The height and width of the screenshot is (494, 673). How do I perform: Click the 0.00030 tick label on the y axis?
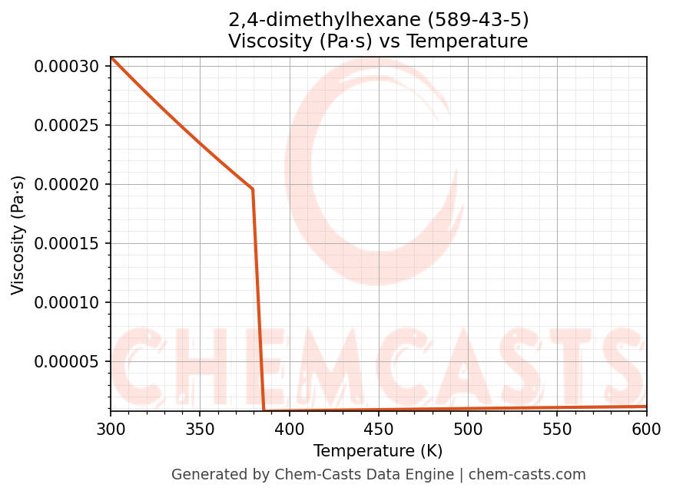(x=68, y=67)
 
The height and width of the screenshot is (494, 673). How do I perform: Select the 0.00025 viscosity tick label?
(x=68, y=126)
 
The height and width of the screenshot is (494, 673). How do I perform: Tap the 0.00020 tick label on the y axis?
(x=68, y=185)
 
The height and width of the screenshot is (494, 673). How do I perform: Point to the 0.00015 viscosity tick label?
(x=68, y=244)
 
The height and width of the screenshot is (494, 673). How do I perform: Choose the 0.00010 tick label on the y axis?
(x=68, y=303)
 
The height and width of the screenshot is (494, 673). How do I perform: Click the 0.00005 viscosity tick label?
(x=68, y=362)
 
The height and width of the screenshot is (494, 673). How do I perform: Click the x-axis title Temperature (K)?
(x=378, y=451)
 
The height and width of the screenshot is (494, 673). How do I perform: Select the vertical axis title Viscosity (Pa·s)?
(x=18, y=235)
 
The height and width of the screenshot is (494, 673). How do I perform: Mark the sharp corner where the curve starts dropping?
(x=253, y=189)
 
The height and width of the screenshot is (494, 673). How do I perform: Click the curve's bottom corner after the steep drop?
(x=264, y=410)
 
